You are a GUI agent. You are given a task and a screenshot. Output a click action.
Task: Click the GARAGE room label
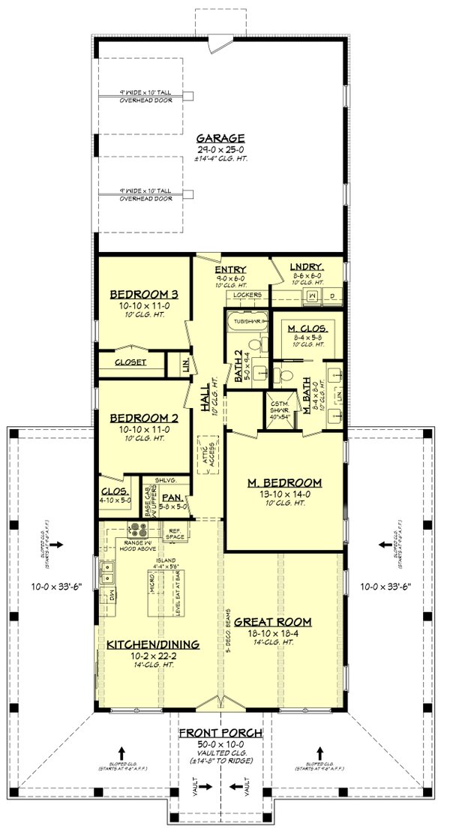tap(220, 138)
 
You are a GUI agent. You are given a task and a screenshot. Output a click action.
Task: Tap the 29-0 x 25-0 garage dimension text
tap(220, 149)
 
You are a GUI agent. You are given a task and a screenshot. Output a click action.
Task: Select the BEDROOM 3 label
tap(142, 293)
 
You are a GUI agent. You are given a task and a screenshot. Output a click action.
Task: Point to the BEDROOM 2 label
tap(142, 418)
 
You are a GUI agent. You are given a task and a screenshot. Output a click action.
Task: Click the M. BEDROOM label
tap(286, 482)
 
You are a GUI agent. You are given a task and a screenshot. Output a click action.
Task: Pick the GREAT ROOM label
tap(272, 622)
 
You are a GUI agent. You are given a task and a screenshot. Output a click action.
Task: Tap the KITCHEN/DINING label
tap(152, 644)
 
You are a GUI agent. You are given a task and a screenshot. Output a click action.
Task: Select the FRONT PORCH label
tap(220, 732)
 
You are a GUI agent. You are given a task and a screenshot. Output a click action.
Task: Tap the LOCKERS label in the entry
tap(247, 295)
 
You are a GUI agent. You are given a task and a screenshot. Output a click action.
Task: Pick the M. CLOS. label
tap(306, 328)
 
